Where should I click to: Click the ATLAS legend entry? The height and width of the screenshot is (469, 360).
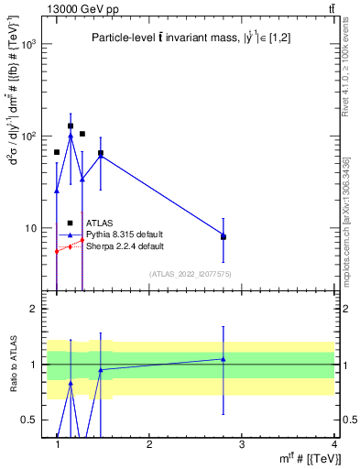[100, 223]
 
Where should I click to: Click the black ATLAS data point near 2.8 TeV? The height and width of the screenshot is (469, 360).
[224, 236]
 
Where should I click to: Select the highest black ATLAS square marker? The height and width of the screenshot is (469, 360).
[71, 126]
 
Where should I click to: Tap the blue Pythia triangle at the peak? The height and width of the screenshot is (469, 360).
[71, 136]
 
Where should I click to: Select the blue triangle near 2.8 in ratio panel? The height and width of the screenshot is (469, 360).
[224, 359]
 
